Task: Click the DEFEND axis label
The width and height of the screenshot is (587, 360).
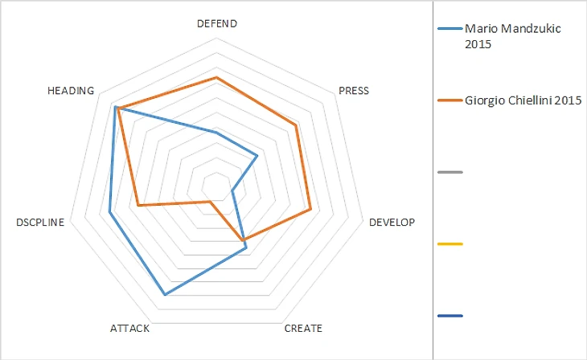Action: point(216,23)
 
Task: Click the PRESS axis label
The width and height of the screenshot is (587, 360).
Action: point(354,90)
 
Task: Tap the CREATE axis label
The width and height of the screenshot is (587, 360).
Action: point(303,328)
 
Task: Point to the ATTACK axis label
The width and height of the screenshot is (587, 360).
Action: point(129,328)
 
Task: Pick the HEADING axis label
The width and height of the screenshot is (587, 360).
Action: point(72,90)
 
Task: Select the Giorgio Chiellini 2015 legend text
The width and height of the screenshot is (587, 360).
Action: point(523,100)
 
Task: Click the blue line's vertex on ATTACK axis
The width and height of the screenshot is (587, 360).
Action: point(165,295)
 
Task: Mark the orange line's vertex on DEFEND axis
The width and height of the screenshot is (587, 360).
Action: point(216,78)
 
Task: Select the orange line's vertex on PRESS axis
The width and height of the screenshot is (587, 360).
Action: point(296,125)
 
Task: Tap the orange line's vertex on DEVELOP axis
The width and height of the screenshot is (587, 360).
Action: point(311,211)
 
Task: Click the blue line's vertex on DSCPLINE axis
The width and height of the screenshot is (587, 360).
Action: point(110,213)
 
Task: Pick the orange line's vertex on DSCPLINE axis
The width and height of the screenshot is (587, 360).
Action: point(138,206)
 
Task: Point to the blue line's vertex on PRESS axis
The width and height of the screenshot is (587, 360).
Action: point(257,156)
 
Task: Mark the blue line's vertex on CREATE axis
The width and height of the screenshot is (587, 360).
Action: point(246,250)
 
